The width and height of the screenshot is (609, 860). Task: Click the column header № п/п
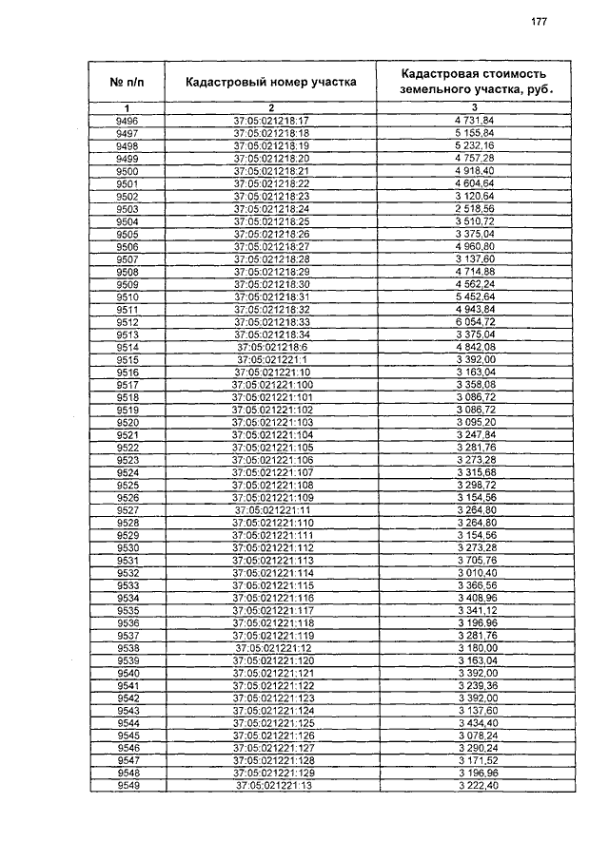coord(127,82)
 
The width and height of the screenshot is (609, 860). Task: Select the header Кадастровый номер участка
coord(271,82)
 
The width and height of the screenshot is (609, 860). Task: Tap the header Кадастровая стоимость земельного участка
coord(473,82)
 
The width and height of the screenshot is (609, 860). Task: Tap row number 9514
coord(127,347)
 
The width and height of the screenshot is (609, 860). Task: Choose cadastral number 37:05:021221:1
coord(271,359)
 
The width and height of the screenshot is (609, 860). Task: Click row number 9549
coord(127,786)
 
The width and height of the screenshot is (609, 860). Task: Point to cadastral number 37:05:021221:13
coord(271,786)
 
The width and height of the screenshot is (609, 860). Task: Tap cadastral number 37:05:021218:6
coord(271,347)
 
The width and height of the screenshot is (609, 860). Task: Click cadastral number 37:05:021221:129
coord(271,774)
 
